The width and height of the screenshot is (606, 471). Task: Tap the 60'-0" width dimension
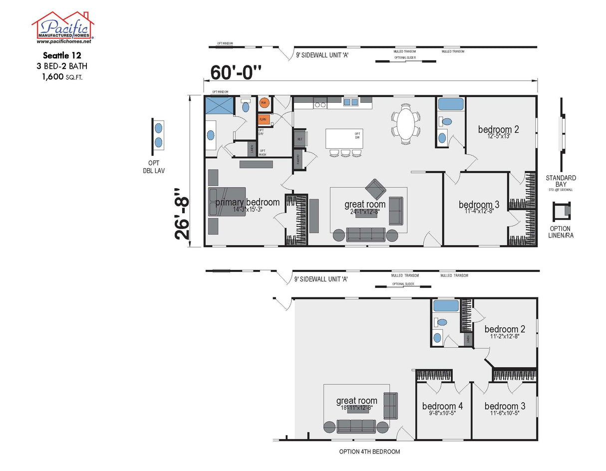click(x=236, y=73)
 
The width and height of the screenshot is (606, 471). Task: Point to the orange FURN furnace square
click(x=264, y=120)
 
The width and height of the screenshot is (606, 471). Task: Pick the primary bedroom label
click(x=247, y=202)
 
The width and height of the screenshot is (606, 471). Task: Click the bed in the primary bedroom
click(x=227, y=202)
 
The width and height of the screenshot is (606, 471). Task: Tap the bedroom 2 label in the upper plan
click(x=498, y=130)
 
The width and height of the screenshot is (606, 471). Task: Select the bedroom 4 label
click(x=442, y=406)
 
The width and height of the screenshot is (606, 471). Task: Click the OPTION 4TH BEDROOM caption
click(x=369, y=452)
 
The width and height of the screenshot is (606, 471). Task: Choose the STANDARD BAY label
click(x=561, y=181)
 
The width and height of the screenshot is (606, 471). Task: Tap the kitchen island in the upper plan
click(x=344, y=138)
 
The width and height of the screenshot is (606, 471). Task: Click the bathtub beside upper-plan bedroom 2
click(x=450, y=104)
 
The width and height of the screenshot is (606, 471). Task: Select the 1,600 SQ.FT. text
click(x=65, y=77)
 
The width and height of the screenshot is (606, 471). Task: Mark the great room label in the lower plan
click(x=356, y=401)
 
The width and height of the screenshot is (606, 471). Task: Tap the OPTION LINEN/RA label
click(x=561, y=232)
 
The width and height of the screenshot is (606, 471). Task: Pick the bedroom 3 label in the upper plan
click(x=479, y=205)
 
